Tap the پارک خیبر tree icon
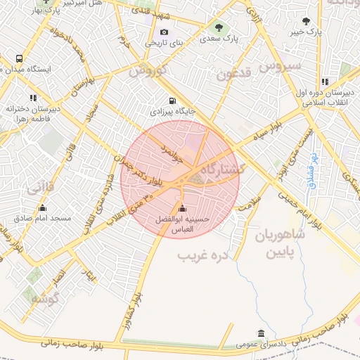click(x=306, y=20)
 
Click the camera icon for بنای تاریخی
click(x=164, y=32)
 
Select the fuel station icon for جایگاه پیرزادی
click(x=173, y=101)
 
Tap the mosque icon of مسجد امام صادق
click(x=42, y=207)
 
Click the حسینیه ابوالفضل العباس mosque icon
click(x=183, y=208)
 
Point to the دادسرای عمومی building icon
click(x=261, y=333)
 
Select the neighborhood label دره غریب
click(x=204, y=253)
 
